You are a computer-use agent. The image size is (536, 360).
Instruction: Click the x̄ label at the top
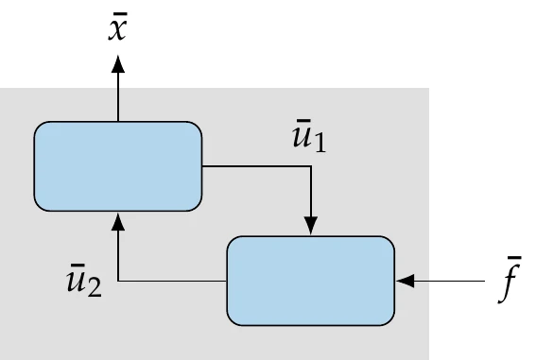pos(118,27)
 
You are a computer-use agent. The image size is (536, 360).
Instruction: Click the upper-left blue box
pos(118,166)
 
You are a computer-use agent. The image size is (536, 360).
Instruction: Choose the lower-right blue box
pos(311,281)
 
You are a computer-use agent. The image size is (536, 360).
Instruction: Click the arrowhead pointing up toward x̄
pos(118,64)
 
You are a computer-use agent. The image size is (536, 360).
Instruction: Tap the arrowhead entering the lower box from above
pos(311,228)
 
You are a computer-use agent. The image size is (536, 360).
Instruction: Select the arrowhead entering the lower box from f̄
pos(405,281)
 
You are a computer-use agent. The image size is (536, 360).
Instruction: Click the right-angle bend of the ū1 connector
pos(311,166)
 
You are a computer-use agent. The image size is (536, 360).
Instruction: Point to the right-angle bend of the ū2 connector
pos(118,281)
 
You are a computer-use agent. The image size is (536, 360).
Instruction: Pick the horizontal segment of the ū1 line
pos(256,166)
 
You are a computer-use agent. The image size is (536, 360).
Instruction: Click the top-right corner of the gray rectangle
pos(430,89)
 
